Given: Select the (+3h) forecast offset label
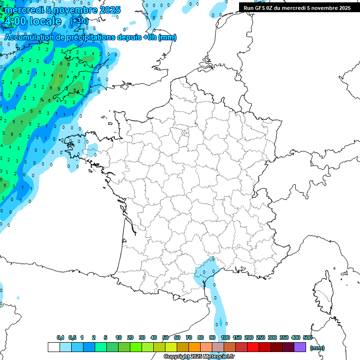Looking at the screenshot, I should pos(79,21).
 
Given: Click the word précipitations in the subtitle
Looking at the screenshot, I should pos(88,37).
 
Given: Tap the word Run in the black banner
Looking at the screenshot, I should pos(248,8).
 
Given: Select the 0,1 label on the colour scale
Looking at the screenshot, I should pos(60,337).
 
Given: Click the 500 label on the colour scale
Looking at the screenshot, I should pos(307,337).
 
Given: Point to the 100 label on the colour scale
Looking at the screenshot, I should pos(225,337).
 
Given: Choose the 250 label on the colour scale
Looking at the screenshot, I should pos(261,337).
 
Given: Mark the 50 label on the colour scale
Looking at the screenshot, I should pos(165,337).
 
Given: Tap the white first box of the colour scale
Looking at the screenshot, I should pos(54,347).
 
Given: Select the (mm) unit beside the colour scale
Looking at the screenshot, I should pos(317,348).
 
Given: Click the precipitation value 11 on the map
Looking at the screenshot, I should pos(60,76).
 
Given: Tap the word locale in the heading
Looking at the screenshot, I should pos(45,22).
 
